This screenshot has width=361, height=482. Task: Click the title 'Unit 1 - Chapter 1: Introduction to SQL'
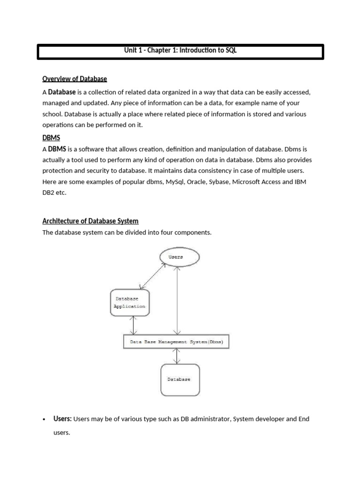(180, 51)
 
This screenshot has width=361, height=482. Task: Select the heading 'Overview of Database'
(75, 79)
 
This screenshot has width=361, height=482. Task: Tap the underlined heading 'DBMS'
(51, 137)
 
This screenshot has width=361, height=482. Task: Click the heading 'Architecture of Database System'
(90, 221)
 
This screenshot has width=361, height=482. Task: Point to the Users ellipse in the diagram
(179, 257)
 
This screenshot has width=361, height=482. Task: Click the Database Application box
(130, 302)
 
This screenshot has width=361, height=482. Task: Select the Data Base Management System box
(176, 341)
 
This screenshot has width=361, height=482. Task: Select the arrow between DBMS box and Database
(177, 356)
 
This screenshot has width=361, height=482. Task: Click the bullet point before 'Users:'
(43, 419)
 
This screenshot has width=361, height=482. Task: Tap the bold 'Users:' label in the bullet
(63, 419)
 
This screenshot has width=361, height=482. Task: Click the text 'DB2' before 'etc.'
(49, 193)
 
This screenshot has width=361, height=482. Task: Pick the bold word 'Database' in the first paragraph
(62, 92)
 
